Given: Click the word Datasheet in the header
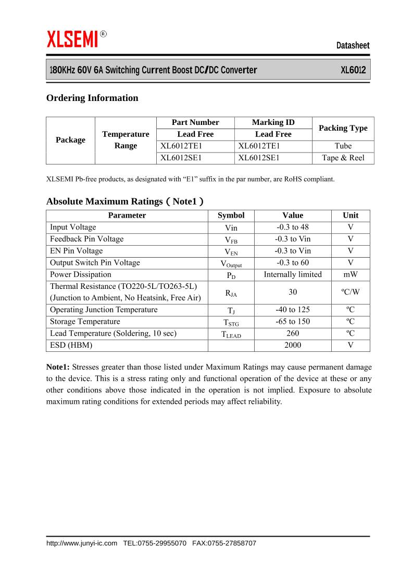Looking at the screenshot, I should [353, 46].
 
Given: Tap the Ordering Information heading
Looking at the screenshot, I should [92, 98].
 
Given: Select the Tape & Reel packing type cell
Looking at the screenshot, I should [343, 158].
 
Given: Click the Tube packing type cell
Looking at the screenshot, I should [343, 146].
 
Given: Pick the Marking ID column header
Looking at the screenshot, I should [273, 122].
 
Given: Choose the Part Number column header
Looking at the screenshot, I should [195, 122].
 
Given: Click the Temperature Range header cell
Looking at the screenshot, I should [126, 140].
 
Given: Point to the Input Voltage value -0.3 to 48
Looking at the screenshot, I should [293, 227].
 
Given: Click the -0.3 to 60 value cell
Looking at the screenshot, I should [293, 262].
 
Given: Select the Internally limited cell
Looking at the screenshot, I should [293, 274].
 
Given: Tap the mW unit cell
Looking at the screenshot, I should [351, 274].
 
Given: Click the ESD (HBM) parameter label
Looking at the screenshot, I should [71, 345].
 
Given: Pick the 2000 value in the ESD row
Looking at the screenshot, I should [293, 345].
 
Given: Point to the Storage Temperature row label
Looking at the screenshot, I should [85, 322].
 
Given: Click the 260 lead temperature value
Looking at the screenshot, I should [293, 333].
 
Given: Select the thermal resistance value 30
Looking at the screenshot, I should [293, 292].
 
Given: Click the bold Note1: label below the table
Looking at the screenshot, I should [58, 367].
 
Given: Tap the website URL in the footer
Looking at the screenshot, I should [82, 543].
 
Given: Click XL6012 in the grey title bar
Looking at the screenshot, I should [353, 70].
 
